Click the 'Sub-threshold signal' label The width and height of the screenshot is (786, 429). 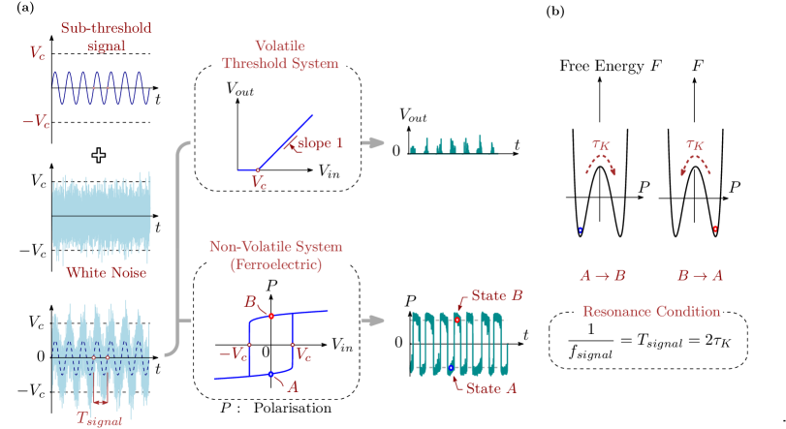click(106, 37)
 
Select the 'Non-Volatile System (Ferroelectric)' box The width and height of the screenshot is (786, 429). click(278, 255)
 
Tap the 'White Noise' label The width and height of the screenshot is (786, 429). click(106, 273)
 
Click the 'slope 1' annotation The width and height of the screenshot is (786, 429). click(320, 144)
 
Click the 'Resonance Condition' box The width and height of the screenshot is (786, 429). click(649, 312)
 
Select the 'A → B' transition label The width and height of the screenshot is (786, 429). click(602, 275)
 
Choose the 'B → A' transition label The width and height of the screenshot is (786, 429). click(700, 275)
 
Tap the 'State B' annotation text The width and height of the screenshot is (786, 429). click(497, 294)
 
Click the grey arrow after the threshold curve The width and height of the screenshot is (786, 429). click(373, 143)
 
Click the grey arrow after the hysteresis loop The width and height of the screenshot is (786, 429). click(373, 320)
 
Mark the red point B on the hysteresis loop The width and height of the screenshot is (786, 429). click(271, 316)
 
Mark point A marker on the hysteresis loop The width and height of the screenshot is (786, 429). click(271, 373)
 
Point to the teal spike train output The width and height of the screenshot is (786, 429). click(454, 145)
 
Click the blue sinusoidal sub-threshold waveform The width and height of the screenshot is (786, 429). click(102, 87)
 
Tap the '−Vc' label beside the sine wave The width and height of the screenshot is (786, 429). click(37, 121)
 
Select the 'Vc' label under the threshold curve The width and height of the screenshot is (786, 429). click(258, 182)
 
